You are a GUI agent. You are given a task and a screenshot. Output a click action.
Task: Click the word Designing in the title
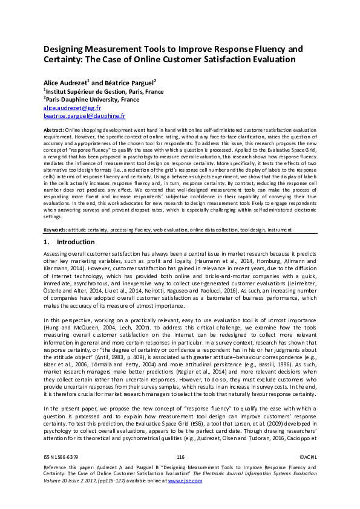pos(68,48)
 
